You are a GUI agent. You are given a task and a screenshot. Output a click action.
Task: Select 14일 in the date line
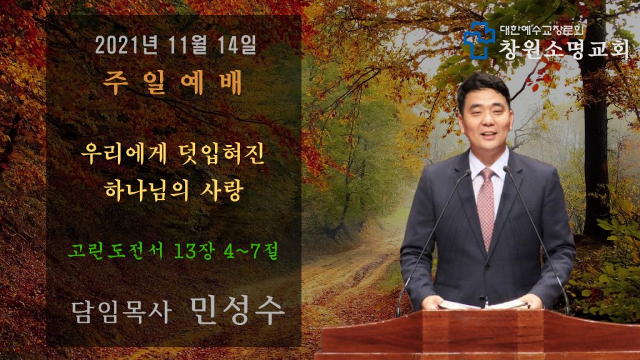(x=237, y=45)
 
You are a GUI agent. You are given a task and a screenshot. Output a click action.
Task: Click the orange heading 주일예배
(x=172, y=83)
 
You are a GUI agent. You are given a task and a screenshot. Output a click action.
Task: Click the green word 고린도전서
(x=115, y=251)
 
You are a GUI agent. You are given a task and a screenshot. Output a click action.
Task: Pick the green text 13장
(x=194, y=251)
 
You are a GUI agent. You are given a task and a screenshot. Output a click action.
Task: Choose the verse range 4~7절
(x=251, y=251)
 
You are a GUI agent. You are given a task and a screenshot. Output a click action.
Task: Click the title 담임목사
(x=121, y=312)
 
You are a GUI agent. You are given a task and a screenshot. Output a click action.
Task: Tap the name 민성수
(x=237, y=311)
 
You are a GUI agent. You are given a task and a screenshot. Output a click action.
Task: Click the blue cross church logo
(x=479, y=40)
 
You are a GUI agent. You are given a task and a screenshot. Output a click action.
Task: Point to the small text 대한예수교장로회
(x=542, y=30)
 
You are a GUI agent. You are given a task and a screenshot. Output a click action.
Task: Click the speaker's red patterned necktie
(x=486, y=209)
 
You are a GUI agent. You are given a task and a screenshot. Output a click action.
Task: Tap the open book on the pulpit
(x=482, y=304)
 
